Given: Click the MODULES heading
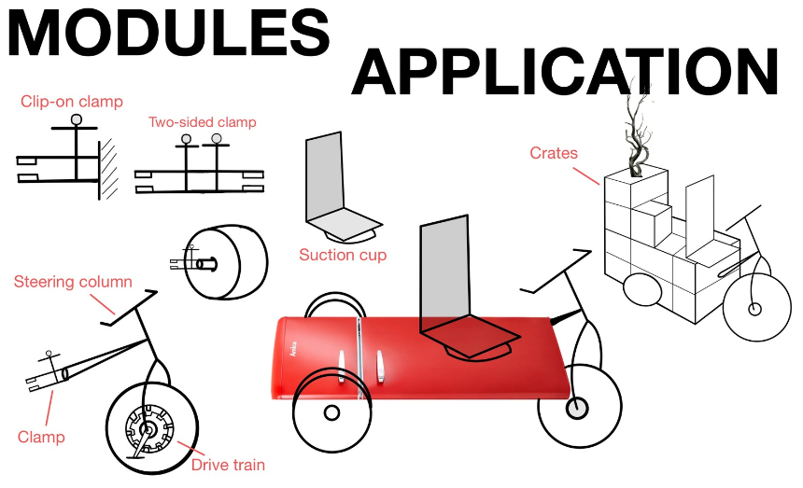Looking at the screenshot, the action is tap(168, 33).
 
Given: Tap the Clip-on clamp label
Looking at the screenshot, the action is tap(72, 102).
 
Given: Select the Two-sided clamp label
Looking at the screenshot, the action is tap(202, 122).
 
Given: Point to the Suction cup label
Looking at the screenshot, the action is tap(343, 255).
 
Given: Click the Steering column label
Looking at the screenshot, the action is tap(73, 282).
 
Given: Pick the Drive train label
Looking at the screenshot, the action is tap(228, 465).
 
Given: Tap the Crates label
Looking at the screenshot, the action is tap(554, 153).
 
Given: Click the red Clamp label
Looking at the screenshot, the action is tap(41, 437).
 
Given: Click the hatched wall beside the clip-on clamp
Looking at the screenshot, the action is tap(110, 169).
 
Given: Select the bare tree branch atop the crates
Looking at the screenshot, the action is tap(639, 131).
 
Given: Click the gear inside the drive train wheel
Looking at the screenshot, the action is tap(148, 430).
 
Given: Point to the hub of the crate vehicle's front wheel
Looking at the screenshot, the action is tap(754, 309).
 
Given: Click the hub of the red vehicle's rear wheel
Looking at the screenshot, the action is tap(331, 412).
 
